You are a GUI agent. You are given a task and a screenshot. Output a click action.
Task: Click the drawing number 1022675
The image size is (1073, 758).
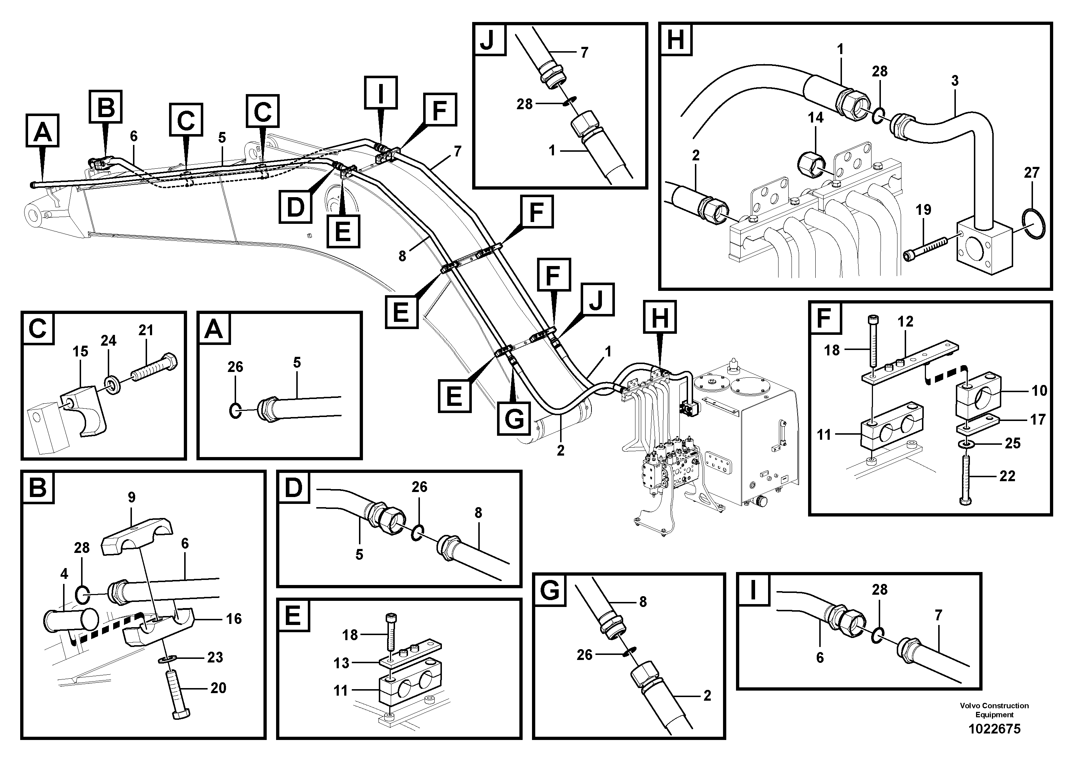(x=994, y=728)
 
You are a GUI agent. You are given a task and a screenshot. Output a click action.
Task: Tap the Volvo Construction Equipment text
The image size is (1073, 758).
(x=994, y=710)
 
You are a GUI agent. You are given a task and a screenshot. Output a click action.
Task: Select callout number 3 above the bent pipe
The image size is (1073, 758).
(x=955, y=81)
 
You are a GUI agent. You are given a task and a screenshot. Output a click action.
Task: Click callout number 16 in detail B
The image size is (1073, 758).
(x=233, y=619)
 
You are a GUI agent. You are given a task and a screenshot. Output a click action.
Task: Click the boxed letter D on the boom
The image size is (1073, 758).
(x=295, y=207)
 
